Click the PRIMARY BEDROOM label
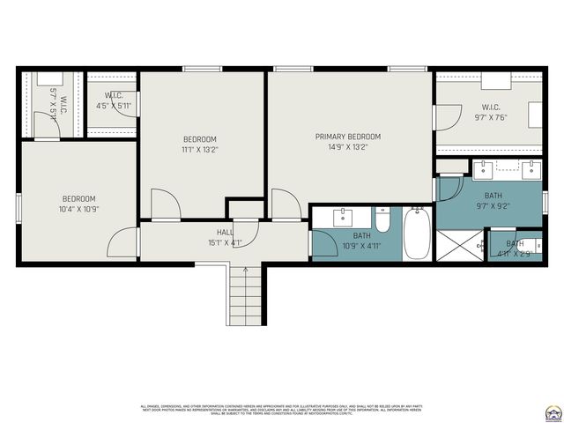[348, 137]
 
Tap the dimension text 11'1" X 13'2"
[200, 150]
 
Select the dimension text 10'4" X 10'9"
[78, 210]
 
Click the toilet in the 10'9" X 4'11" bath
[382, 219]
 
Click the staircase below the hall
[246, 295]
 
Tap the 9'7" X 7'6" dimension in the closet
[491, 118]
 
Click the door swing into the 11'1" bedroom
[165, 204]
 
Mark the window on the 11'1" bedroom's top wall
[202, 69]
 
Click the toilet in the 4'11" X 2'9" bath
[533, 244]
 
